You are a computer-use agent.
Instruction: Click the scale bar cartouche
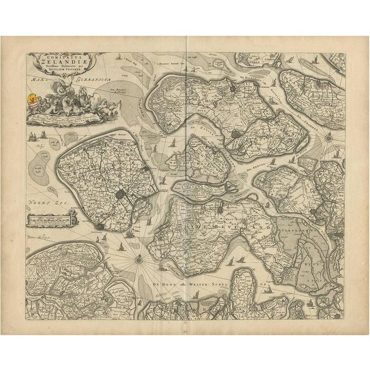click(x=50, y=219)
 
